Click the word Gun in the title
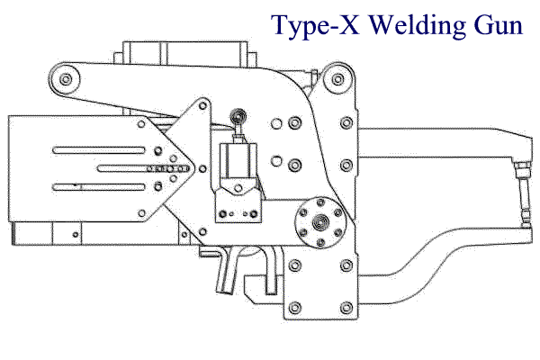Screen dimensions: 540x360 click(x=499, y=25)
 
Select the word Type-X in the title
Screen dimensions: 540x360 click(x=316, y=26)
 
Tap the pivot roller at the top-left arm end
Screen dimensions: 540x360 click(x=65, y=79)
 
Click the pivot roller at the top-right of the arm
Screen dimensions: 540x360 click(x=338, y=79)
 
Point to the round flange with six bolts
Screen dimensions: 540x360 click(x=320, y=223)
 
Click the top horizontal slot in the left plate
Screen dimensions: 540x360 click(x=99, y=150)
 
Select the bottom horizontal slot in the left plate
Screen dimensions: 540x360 click(x=99, y=187)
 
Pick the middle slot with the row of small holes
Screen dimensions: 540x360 click(x=143, y=169)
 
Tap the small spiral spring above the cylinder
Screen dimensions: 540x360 click(x=238, y=116)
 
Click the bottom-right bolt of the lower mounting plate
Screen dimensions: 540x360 click(x=346, y=308)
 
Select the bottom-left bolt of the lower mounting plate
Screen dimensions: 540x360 click(x=295, y=308)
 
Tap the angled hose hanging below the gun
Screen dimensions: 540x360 click(x=227, y=272)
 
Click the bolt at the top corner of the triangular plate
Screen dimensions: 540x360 click(x=203, y=105)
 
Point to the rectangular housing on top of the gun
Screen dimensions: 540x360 click(x=185, y=53)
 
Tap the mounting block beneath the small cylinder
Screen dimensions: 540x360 click(x=238, y=204)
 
